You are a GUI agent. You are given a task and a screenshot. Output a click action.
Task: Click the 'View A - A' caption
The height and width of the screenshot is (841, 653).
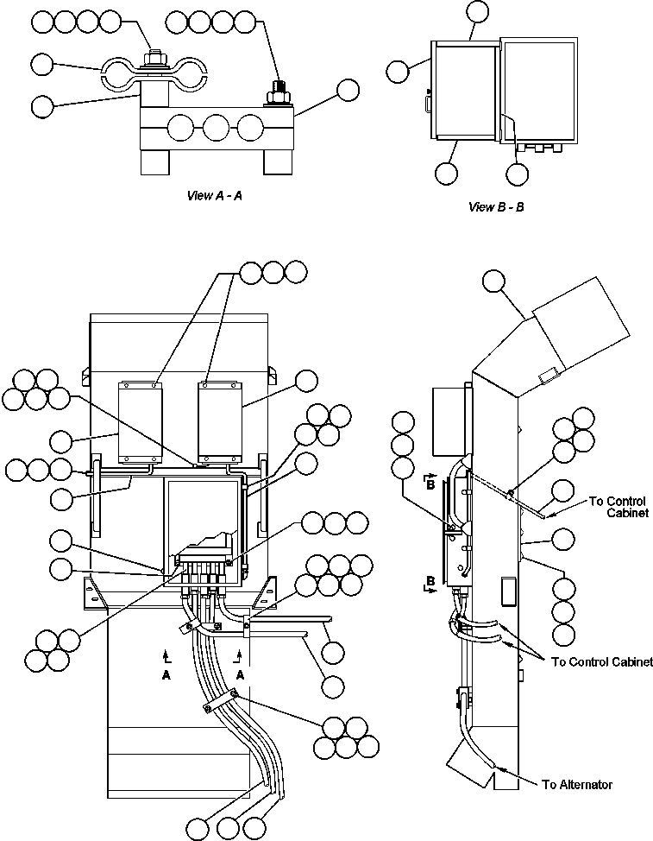(x=215, y=195)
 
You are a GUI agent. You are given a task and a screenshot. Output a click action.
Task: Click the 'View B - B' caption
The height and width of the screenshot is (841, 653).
(x=496, y=206)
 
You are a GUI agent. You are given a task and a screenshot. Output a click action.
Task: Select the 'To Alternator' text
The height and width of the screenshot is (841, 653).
(x=577, y=785)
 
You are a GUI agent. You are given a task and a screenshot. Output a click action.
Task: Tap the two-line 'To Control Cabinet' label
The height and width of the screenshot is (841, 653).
(x=620, y=507)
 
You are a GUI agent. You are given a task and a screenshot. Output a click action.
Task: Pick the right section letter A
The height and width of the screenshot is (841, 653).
(x=241, y=676)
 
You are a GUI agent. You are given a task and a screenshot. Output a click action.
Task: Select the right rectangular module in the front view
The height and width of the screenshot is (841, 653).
(x=221, y=420)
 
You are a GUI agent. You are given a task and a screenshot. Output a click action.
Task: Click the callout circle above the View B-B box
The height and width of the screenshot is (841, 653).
(x=476, y=11)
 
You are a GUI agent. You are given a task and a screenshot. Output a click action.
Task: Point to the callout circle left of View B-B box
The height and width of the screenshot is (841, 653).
(x=398, y=72)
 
